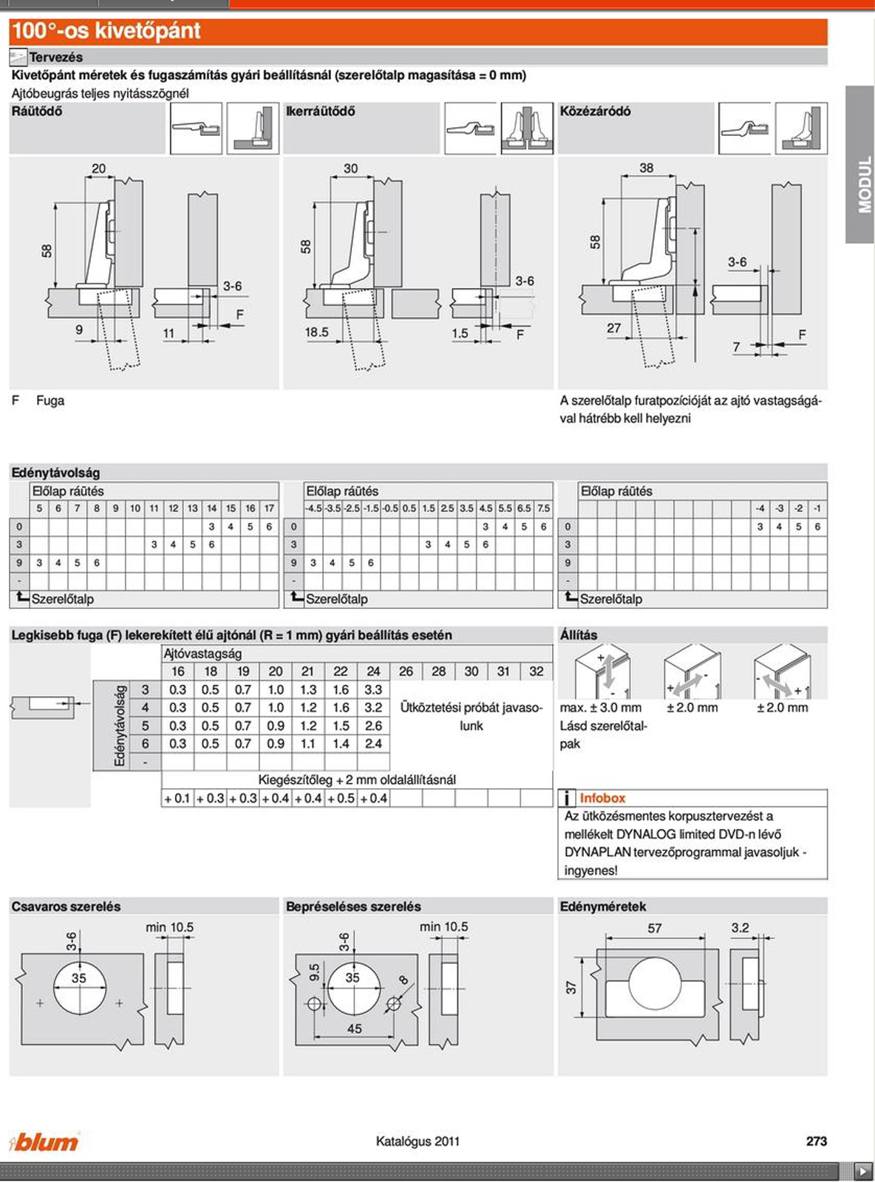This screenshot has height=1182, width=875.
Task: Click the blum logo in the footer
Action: click(44, 1141)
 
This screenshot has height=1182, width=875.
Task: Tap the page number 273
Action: click(817, 1141)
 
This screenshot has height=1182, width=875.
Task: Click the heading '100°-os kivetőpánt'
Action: click(106, 31)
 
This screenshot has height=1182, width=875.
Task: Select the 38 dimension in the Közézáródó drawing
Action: click(646, 168)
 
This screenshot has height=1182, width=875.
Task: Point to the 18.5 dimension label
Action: click(316, 332)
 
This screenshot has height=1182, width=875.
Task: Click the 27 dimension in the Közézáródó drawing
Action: click(613, 328)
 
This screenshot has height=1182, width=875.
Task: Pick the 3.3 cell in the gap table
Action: click(373, 689)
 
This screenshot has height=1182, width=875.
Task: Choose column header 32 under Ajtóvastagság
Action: click(536, 672)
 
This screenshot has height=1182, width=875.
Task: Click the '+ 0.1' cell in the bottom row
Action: click(177, 799)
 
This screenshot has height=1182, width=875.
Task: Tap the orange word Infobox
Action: click(602, 798)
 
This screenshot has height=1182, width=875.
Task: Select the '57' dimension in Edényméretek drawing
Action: click(654, 929)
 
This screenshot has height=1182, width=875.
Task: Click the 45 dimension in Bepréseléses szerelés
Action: click(354, 1028)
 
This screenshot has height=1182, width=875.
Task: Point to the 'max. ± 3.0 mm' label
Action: click(600, 708)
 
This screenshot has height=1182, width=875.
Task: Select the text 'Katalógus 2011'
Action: click(418, 1141)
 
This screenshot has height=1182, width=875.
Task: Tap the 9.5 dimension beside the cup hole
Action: click(315, 972)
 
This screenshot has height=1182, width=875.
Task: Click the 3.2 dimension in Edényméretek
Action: click(740, 928)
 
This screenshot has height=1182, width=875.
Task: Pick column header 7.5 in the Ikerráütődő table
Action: click(543, 508)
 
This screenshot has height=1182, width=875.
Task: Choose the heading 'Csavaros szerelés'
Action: click(66, 906)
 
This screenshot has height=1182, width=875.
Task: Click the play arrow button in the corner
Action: click(862, 1171)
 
